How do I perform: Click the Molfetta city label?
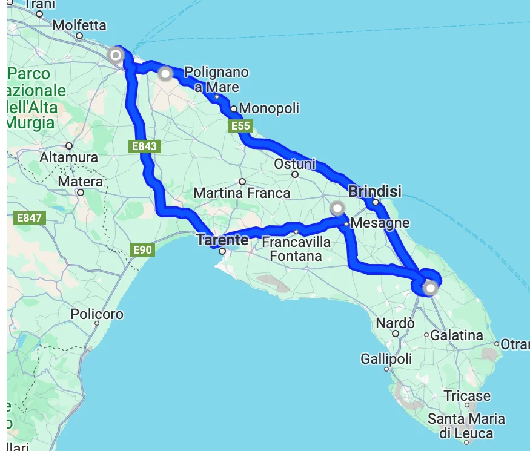(x=79, y=25)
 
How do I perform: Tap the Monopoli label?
(x=269, y=109)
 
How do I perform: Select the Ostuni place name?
(x=295, y=164)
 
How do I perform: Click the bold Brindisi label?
(x=375, y=192)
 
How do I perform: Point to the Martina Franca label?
(x=242, y=194)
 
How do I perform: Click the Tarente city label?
(x=222, y=240)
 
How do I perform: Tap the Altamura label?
(x=68, y=157)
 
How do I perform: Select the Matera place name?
(x=81, y=182)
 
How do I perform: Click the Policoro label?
(x=97, y=314)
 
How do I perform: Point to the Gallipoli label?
(x=386, y=359)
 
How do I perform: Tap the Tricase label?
(x=467, y=396)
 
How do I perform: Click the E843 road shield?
(x=144, y=146)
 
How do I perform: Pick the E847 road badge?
(x=29, y=217)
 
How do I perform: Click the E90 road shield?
(x=143, y=249)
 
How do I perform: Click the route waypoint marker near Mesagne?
(x=337, y=209)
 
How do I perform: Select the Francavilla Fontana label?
(x=296, y=249)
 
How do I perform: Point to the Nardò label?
(x=395, y=323)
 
